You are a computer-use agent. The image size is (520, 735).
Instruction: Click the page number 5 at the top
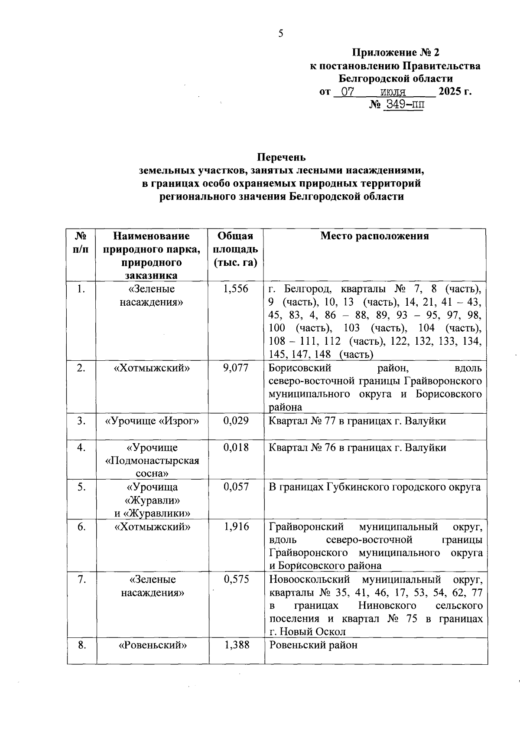(281, 33)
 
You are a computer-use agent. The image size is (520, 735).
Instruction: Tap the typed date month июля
(393, 92)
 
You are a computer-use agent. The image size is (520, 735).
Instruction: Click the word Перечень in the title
(282, 157)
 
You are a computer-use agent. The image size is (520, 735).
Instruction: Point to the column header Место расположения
(374, 236)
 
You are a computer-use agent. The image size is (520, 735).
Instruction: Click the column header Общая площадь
(235, 249)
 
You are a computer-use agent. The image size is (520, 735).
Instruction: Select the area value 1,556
(236, 289)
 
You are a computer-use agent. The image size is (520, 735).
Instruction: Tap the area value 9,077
(236, 368)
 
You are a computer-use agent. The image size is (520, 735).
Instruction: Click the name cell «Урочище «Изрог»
(152, 421)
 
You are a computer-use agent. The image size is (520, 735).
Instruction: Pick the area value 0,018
(236, 448)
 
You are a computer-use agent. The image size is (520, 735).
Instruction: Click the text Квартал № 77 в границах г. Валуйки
(357, 421)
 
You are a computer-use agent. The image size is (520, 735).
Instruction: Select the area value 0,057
(236, 487)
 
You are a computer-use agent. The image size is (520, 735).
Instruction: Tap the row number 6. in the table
(81, 526)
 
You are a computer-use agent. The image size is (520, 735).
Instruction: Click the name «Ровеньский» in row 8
(153, 645)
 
